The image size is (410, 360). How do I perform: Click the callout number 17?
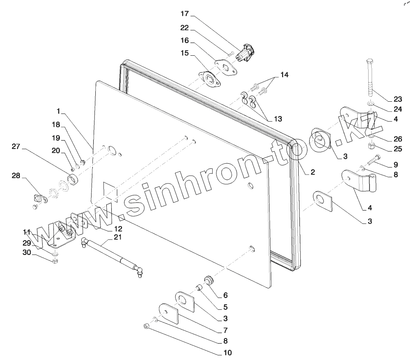(185, 14)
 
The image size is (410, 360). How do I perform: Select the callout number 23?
(398, 100)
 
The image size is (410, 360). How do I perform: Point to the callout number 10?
(228, 353)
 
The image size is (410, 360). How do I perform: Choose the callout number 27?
(16, 146)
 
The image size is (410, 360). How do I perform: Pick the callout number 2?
(313, 172)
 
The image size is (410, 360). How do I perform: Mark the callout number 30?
(26, 252)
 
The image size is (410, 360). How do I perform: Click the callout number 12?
(118, 228)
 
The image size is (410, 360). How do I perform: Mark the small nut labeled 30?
(55, 260)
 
